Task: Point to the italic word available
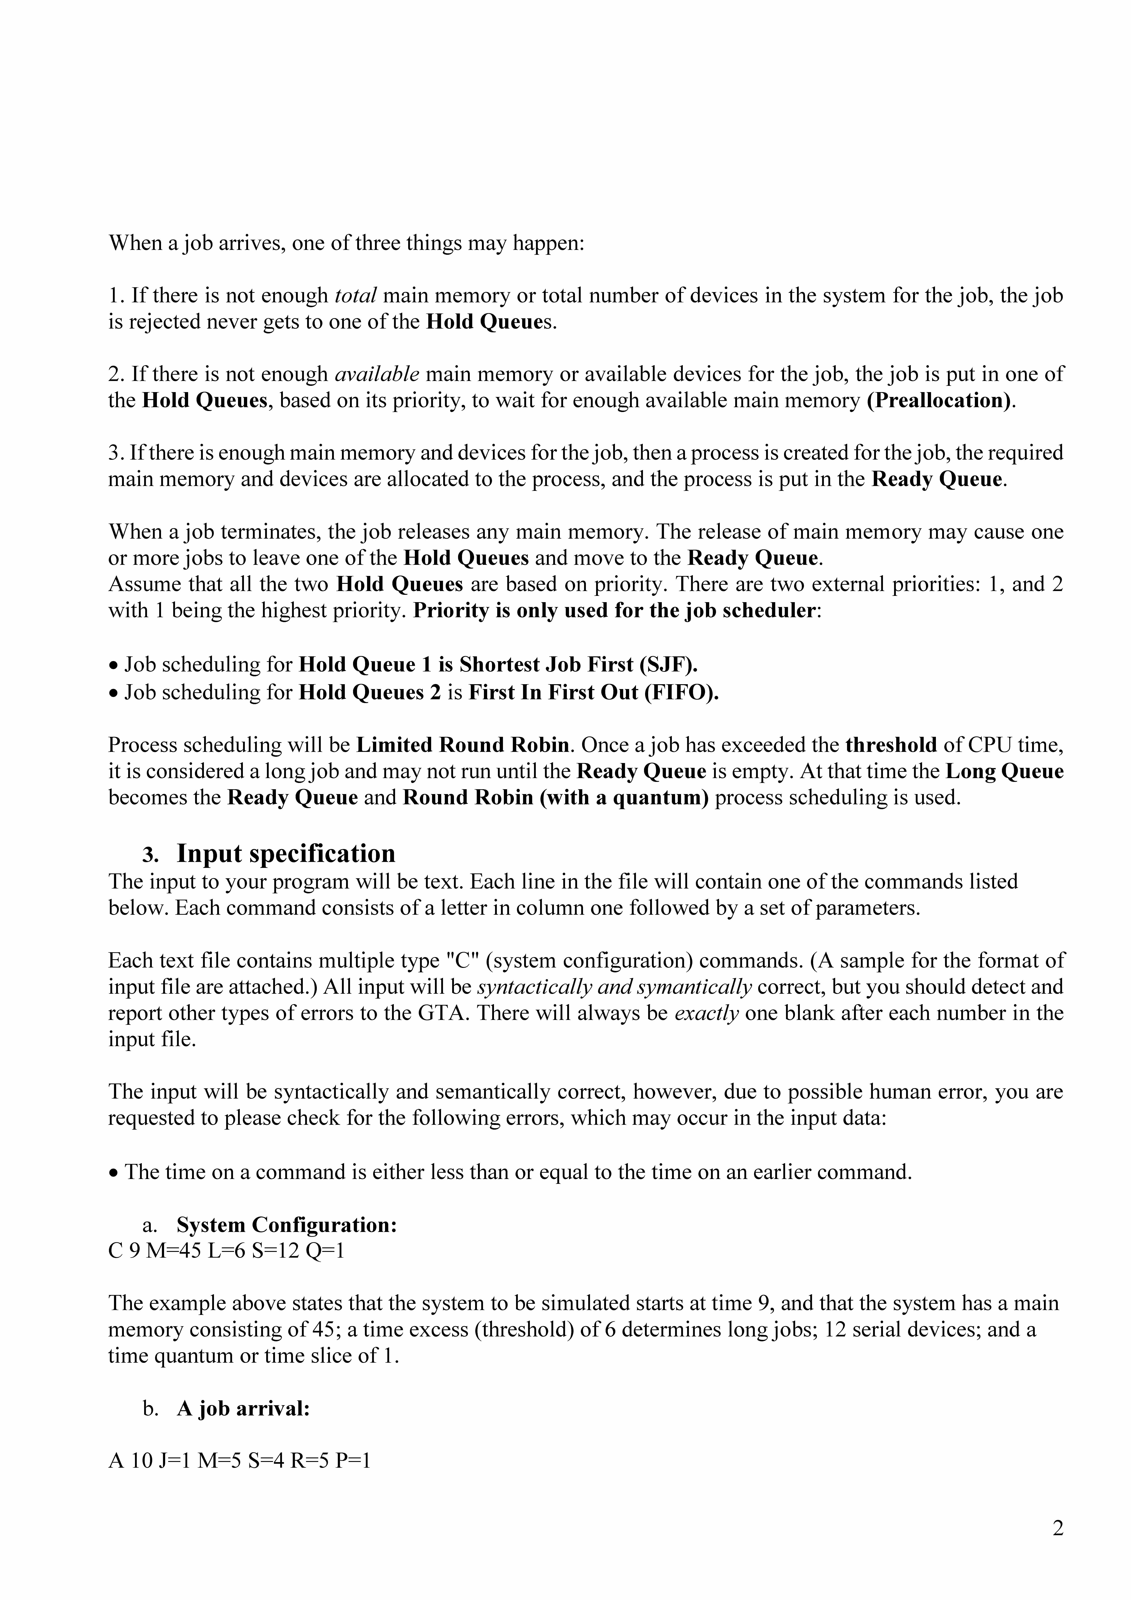click(x=377, y=374)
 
